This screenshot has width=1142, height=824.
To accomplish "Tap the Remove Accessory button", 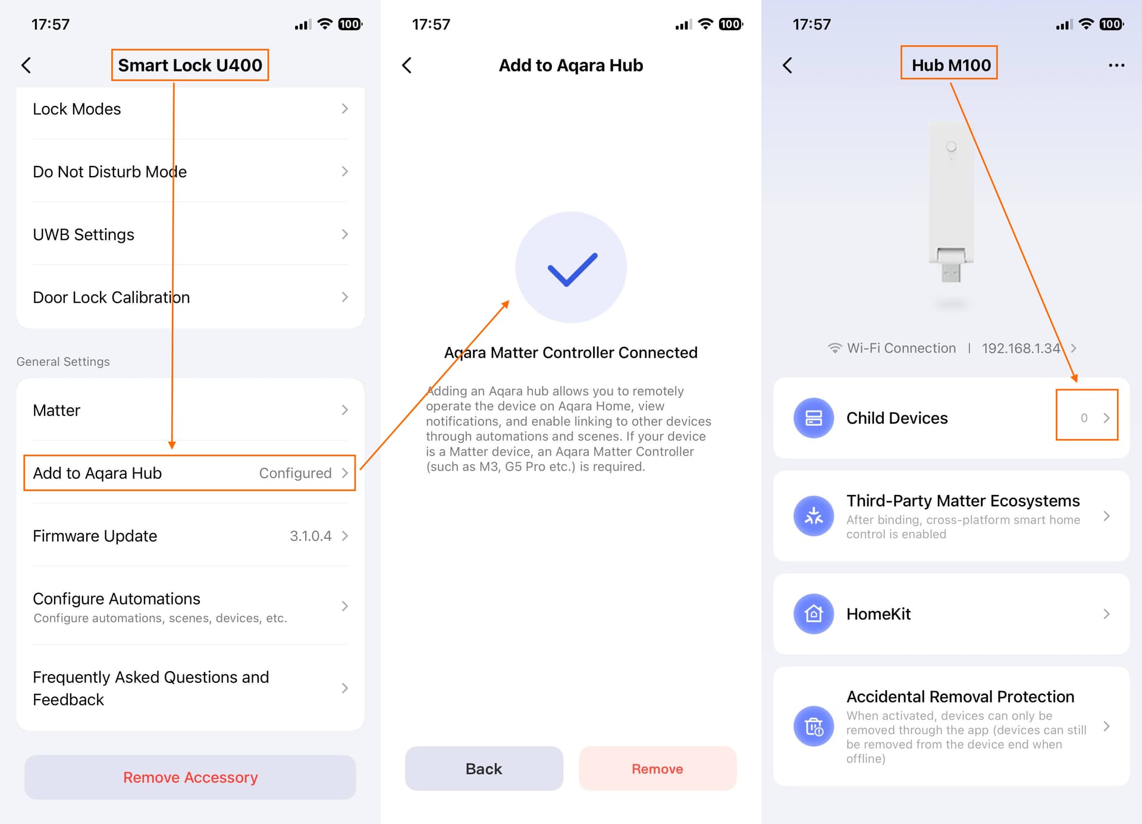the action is [190, 777].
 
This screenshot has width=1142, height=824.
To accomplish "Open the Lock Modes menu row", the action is [190, 109].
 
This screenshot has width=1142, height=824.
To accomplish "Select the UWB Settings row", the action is [190, 234].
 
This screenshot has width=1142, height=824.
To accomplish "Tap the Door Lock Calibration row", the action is [190, 297].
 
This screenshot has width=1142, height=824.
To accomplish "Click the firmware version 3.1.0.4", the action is [310, 536].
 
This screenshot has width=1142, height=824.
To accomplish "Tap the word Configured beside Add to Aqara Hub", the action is [295, 473].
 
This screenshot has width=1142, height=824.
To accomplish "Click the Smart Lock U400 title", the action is [190, 65].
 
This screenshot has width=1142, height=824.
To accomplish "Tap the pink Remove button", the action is [657, 769].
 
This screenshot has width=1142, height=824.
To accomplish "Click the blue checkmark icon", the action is [572, 269].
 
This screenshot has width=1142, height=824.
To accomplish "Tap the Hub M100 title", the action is [951, 65].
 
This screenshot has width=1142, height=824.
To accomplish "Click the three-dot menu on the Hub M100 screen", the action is [1116, 65].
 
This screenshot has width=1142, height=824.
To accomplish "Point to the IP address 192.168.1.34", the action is [1021, 348].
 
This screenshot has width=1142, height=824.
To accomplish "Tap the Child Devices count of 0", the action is [1084, 418].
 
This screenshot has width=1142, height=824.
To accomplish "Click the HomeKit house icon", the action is [814, 613].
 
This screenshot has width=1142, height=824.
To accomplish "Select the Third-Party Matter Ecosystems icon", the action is [814, 516].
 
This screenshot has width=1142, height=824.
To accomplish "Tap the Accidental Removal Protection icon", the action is [814, 726].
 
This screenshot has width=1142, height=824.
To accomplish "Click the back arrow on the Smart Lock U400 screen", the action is [26, 65].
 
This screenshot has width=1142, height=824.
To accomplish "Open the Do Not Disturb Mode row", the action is [190, 171].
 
